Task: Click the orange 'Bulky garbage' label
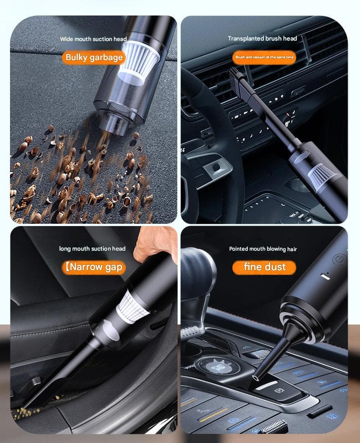click(94, 57)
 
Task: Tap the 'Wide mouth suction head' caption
click(93, 39)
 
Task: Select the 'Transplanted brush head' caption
click(262, 38)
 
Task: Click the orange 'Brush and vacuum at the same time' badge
click(264, 57)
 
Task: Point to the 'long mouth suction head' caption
click(92, 249)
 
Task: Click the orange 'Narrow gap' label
click(94, 267)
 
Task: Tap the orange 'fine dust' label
click(264, 267)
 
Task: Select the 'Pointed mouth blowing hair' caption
click(263, 249)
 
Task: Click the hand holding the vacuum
click(155, 243)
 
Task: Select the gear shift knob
click(197, 271)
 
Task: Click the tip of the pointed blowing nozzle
click(256, 377)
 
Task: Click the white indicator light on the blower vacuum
click(326, 277)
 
